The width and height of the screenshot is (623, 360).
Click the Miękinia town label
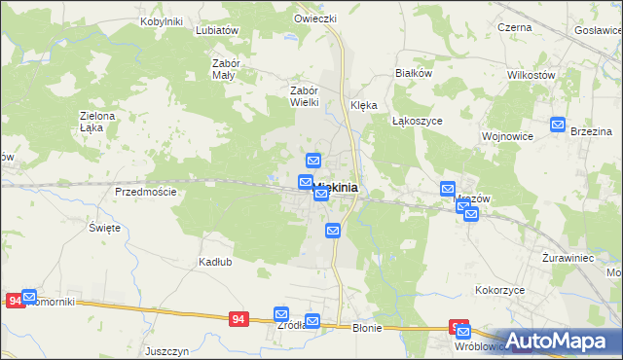[336, 187]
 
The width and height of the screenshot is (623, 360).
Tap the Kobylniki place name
[162, 20]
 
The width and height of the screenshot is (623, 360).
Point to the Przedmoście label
[145, 192]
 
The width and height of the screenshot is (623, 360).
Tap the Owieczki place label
[315, 18]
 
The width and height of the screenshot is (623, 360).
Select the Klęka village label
[363, 105]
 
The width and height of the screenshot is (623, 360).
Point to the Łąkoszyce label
[418, 121]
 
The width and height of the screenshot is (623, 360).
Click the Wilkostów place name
[531, 74]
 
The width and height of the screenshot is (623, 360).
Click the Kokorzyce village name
[500, 290]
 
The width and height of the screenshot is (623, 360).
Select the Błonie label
[367, 328]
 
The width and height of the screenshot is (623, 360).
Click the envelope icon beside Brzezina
[558, 124]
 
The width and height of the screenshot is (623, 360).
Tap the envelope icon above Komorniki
[29, 296]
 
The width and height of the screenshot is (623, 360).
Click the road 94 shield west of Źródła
[238, 318]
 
